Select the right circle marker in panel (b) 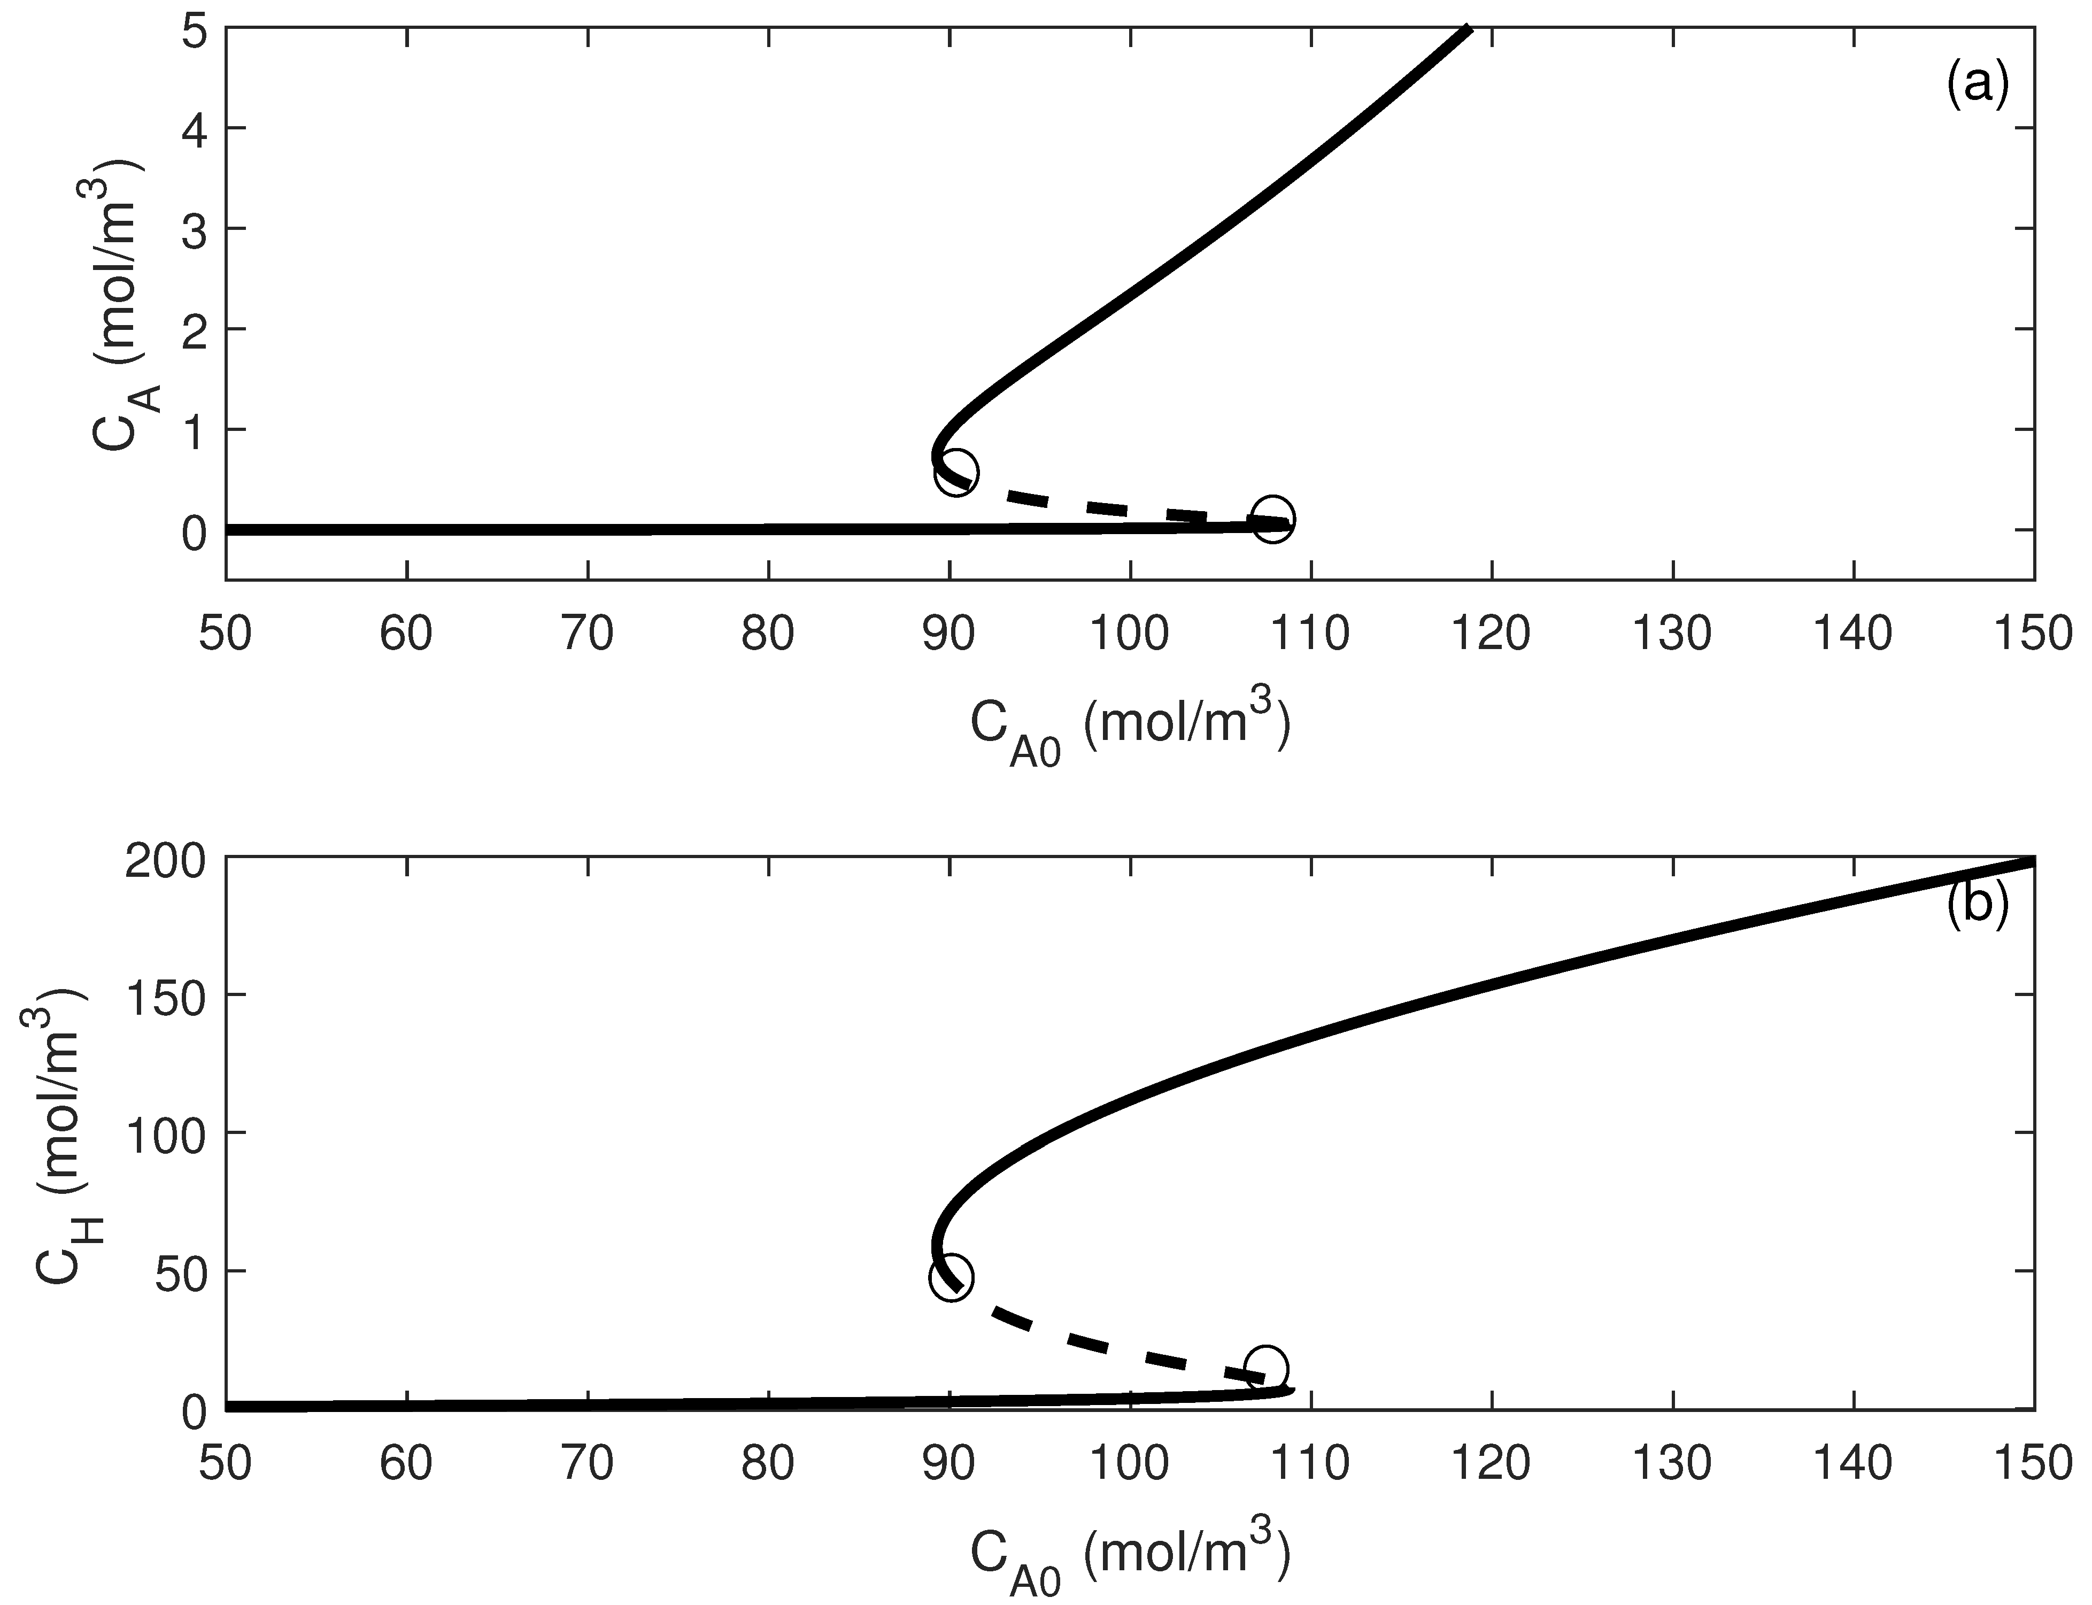(1267, 1368)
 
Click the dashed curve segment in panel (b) (1108, 1343)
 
